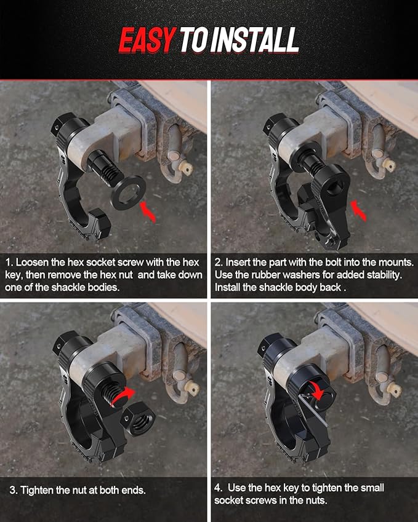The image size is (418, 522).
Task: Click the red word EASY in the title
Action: click(x=147, y=40)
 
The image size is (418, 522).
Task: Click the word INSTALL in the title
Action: click(x=254, y=40)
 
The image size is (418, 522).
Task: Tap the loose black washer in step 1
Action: click(x=128, y=192)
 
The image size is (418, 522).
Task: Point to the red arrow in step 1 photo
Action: click(x=148, y=212)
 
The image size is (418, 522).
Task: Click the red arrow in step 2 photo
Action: click(x=358, y=210)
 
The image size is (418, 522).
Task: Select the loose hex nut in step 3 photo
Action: click(x=138, y=419)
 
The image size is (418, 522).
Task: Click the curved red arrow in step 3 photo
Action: click(x=123, y=396)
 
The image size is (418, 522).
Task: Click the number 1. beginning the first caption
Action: click(x=9, y=263)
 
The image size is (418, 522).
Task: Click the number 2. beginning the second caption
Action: click(x=219, y=263)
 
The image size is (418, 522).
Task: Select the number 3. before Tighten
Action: click(x=14, y=491)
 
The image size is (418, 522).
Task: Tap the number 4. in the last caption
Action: click(x=219, y=488)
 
